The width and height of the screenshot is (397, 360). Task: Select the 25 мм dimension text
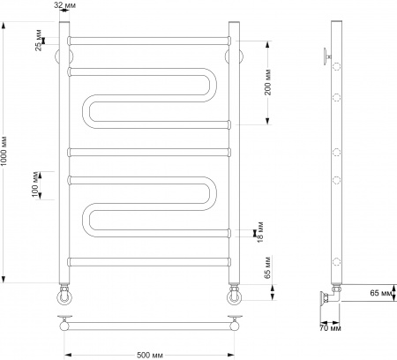click(39, 41)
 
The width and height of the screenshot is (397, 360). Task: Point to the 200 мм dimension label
click(267, 81)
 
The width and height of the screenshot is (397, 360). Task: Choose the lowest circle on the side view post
click(336, 260)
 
